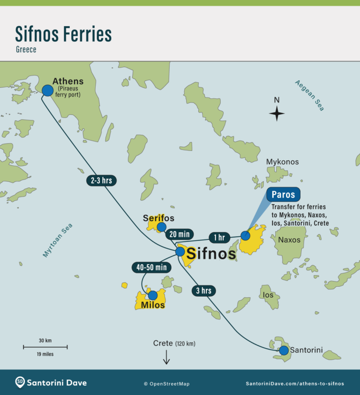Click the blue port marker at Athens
tap(47, 90)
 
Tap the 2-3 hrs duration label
tap(101, 180)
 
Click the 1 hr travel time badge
tap(219, 238)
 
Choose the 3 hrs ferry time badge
tap(203, 291)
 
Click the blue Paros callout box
tap(284, 194)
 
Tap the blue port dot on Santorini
tap(284, 350)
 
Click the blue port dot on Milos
tap(152, 295)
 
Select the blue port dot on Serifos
tap(161, 227)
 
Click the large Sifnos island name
tap(211, 253)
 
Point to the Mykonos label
tap(282, 162)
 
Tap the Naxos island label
tap(292, 240)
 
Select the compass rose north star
tap(277, 113)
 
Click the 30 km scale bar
tap(45, 347)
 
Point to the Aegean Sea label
tap(309, 95)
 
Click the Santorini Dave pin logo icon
tap(20, 382)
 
